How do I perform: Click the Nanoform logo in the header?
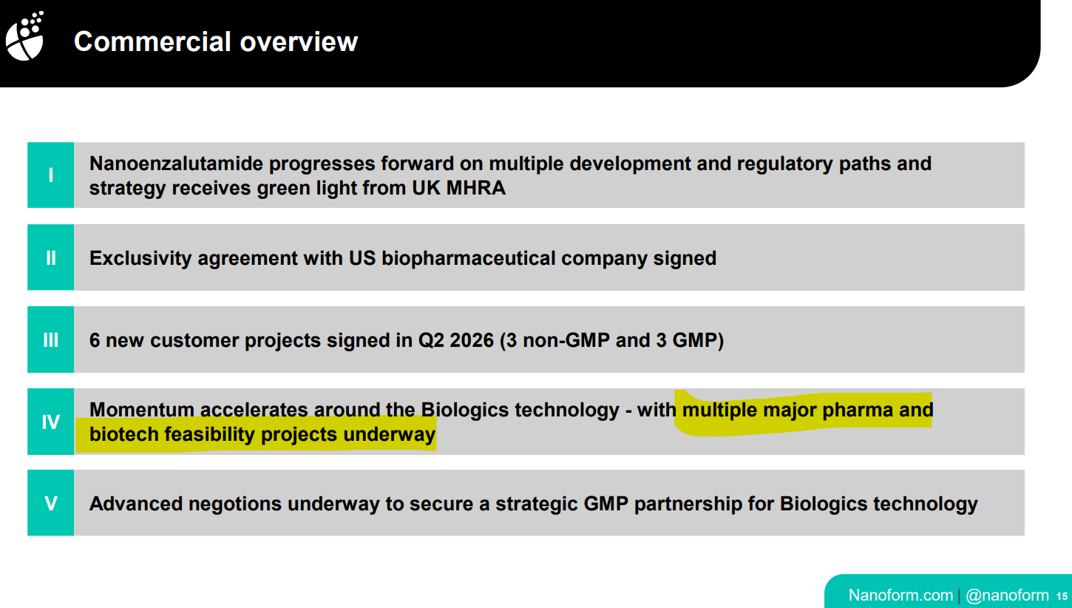[x=25, y=36]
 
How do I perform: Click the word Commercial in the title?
[x=152, y=41]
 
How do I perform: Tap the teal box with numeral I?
[x=51, y=175]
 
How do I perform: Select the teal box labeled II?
[x=51, y=257]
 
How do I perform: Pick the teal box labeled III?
[x=51, y=340]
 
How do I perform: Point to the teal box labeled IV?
[x=51, y=422]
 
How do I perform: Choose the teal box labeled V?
[x=51, y=503]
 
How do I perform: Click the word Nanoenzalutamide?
[x=176, y=163]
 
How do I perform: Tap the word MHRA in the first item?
[x=475, y=188]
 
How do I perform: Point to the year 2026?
[x=472, y=340]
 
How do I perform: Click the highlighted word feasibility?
[x=210, y=434]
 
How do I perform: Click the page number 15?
[x=1062, y=596]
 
